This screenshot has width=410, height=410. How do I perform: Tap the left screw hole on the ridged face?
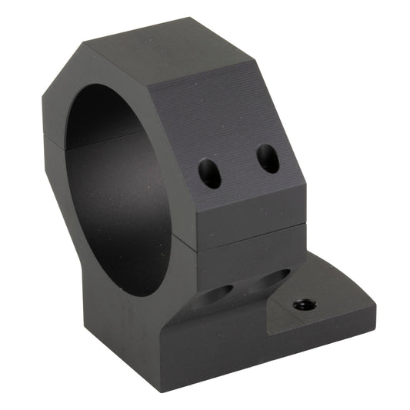coord(209,173)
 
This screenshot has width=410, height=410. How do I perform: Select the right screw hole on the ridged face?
coord(268,158)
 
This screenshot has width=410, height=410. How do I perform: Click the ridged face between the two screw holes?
coord(238,165)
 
